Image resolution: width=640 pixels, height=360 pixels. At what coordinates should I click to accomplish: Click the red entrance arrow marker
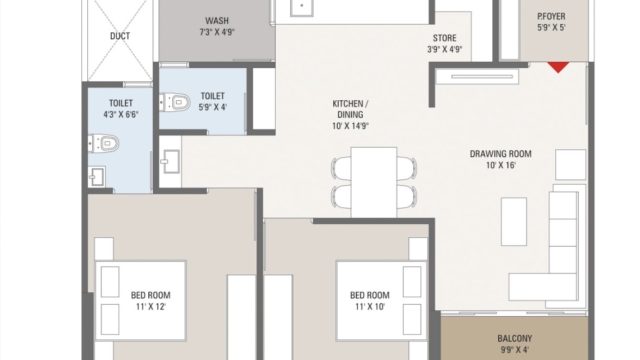(x=558, y=67)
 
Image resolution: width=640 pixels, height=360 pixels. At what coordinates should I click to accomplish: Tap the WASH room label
(x=217, y=20)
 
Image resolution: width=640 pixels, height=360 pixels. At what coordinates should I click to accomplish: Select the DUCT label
(x=120, y=36)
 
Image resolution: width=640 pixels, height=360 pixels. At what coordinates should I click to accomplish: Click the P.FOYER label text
(x=551, y=16)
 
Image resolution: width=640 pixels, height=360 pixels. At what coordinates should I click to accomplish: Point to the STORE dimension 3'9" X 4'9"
(x=444, y=49)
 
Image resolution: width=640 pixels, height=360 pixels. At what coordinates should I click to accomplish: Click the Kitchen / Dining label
(x=350, y=109)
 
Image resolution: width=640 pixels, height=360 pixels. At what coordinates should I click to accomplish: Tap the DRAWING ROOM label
(x=500, y=154)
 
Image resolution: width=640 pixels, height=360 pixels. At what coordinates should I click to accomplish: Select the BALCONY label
(x=515, y=338)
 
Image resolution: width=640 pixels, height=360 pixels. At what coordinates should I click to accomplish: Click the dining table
(x=374, y=182)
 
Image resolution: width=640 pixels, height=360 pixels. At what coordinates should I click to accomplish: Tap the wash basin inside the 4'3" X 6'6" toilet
(x=97, y=177)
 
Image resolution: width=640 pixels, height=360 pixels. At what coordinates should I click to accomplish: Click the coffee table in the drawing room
(x=514, y=222)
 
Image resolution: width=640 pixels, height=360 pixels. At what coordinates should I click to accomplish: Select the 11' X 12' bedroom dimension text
(x=151, y=307)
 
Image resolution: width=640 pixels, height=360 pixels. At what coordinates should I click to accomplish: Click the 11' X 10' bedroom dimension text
(x=370, y=307)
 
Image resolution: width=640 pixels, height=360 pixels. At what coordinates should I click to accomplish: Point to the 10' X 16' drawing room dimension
(x=501, y=165)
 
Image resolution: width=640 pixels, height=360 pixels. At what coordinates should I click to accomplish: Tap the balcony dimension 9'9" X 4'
(x=514, y=350)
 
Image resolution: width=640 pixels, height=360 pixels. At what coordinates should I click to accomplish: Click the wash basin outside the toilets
(x=171, y=161)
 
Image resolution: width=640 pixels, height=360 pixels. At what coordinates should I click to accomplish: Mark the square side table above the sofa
(x=571, y=164)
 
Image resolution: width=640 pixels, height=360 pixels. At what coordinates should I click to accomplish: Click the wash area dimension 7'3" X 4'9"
(x=217, y=32)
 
